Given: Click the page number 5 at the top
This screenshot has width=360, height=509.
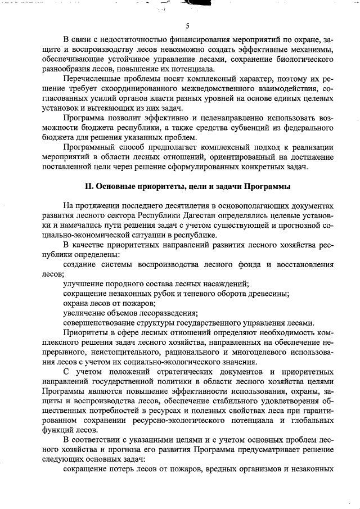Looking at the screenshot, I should click(x=187, y=25).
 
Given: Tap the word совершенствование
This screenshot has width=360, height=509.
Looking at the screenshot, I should click(x=100, y=323).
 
